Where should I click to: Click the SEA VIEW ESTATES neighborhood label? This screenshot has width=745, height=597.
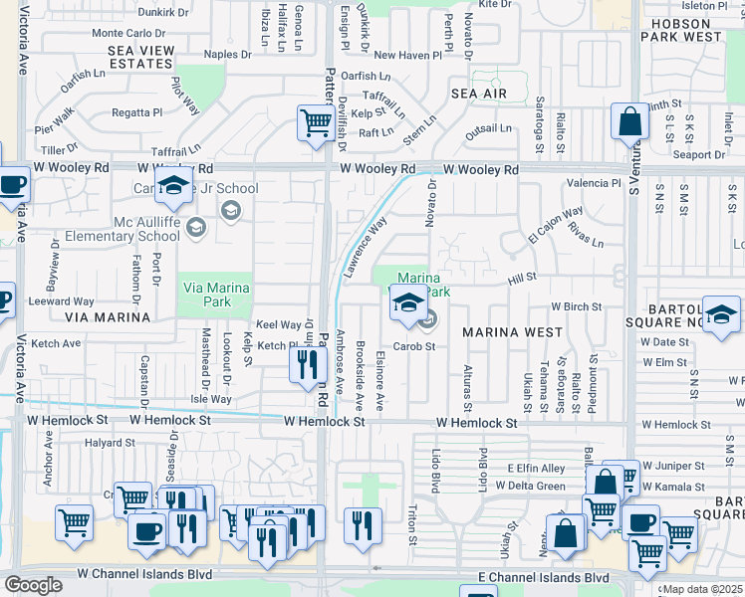[140, 56]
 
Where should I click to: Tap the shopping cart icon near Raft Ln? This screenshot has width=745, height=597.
[316, 124]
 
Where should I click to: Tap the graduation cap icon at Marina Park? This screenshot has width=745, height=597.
[407, 304]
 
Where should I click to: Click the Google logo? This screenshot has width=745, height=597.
[33, 584]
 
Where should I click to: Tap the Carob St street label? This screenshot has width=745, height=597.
[414, 346]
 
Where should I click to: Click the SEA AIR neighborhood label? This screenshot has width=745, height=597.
[479, 94]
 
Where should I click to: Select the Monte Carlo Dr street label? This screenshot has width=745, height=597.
[128, 33]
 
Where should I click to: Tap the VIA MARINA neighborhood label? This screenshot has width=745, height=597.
[107, 317]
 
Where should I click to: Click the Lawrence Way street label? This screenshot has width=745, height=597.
[365, 248]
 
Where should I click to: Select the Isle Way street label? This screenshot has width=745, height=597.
[211, 399]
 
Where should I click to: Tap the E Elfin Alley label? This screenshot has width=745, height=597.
[536, 468]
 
